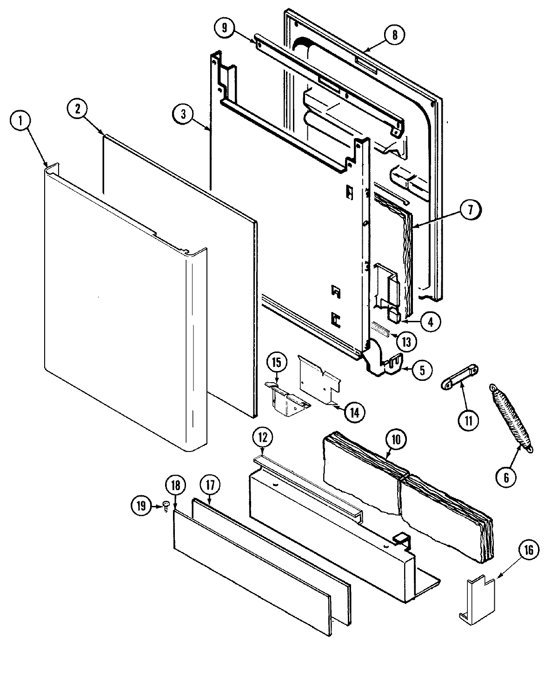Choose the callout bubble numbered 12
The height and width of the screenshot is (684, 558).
[263, 438]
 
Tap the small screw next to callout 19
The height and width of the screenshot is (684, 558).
[165, 506]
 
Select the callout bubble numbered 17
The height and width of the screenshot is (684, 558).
[209, 485]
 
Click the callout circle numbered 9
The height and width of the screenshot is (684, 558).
[226, 28]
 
